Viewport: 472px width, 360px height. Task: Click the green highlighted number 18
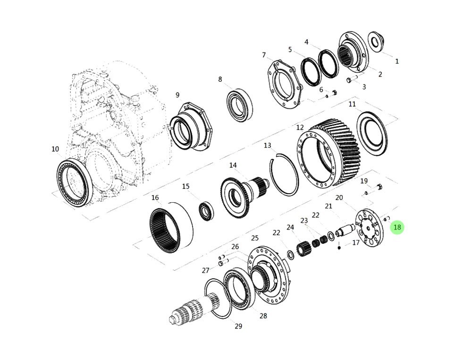(x=397, y=227)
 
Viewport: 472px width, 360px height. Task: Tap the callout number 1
(x=397, y=61)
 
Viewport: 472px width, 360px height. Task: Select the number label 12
(x=300, y=128)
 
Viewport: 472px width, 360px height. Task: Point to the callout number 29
(x=238, y=326)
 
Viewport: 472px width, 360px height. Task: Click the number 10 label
(x=55, y=149)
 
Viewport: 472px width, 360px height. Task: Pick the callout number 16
(x=155, y=197)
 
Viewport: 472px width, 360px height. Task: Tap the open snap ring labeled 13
(x=284, y=174)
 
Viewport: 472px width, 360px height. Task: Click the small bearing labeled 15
(x=207, y=211)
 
